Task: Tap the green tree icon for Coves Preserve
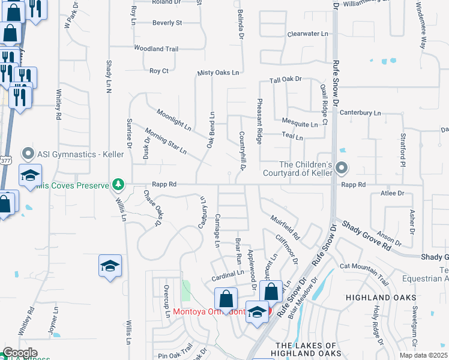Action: [x=119, y=184]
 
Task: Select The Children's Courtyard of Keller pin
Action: [x=342, y=167]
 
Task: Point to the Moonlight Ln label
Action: [x=173, y=120]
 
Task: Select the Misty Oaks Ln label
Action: [x=218, y=73]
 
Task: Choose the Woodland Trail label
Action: [x=156, y=49]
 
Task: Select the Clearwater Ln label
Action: [x=307, y=34]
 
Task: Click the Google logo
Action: [x=20, y=353]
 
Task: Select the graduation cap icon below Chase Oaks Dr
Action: [x=110, y=266]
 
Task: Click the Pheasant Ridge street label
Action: [x=260, y=122]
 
